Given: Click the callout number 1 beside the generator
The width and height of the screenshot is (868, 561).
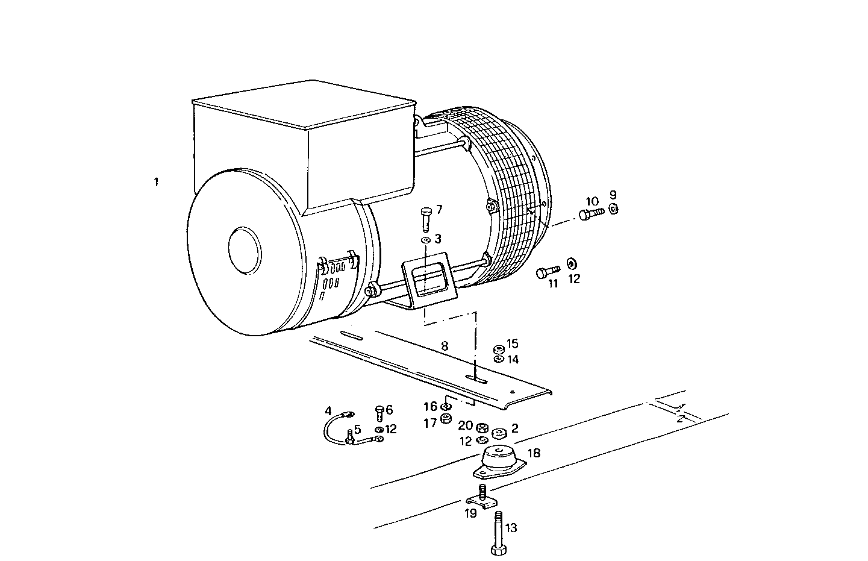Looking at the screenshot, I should tap(156, 181).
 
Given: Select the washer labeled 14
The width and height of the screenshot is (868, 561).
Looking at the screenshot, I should tap(499, 359).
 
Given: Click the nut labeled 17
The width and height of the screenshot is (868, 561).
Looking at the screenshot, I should tap(446, 419).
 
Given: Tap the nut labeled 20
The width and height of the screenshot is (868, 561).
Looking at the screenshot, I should tap(481, 428).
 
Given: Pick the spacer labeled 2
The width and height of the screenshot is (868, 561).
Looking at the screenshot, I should tap(499, 433).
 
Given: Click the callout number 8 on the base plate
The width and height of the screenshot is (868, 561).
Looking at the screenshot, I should tap(445, 346).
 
